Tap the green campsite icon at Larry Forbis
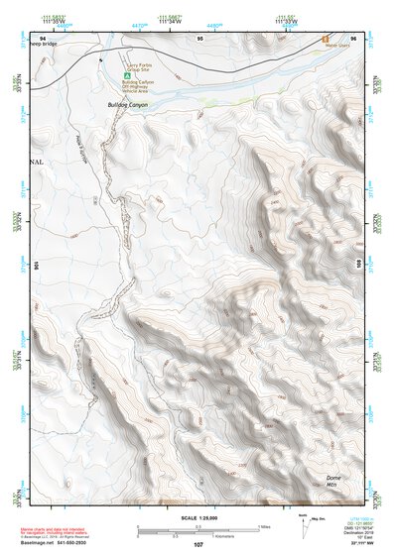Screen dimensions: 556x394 (126, 73)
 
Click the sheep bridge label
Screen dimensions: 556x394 (53, 46)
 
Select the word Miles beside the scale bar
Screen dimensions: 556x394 (264, 525)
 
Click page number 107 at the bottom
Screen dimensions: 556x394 (198, 544)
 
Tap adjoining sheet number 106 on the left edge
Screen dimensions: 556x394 (39, 265)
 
